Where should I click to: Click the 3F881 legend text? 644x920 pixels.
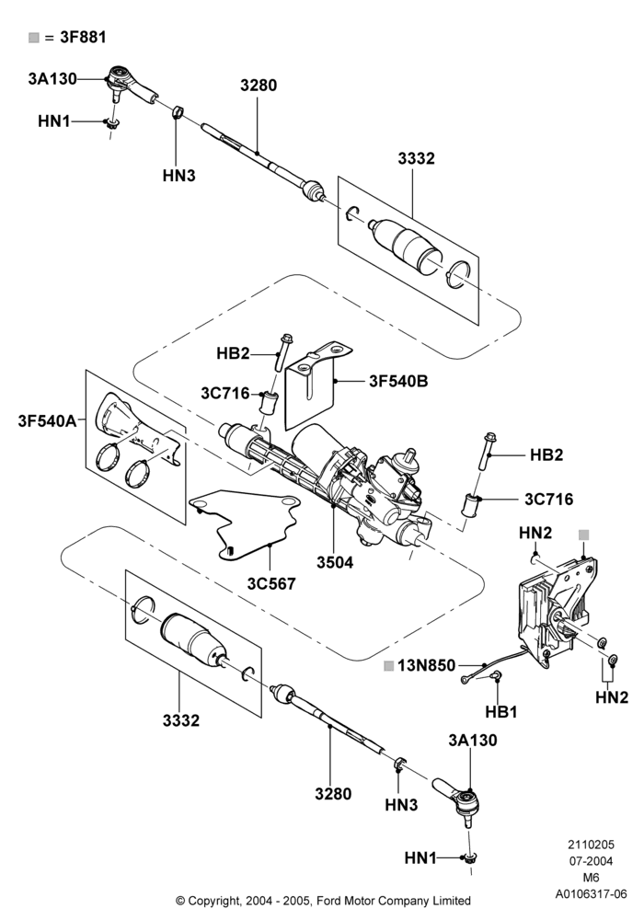(84, 37)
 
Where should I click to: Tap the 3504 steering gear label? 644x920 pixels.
(335, 562)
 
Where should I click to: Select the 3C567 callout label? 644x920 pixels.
(271, 584)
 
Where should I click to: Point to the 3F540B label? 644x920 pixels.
(398, 382)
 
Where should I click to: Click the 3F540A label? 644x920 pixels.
(47, 420)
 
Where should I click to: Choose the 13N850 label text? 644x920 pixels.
(426, 665)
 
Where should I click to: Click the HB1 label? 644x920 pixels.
(501, 712)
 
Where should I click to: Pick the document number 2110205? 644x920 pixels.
(591, 845)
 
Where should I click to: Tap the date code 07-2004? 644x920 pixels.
(591, 861)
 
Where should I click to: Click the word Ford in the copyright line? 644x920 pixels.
(330, 901)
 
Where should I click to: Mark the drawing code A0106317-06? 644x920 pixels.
(592, 894)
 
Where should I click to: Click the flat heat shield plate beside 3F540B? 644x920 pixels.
(315, 387)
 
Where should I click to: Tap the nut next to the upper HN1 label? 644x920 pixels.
(110, 124)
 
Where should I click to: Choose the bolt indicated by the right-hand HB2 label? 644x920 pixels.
(487, 451)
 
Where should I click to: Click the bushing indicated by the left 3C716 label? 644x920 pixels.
(268, 403)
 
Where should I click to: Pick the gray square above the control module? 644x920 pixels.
(583, 535)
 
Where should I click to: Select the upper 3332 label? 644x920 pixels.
(416, 158)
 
